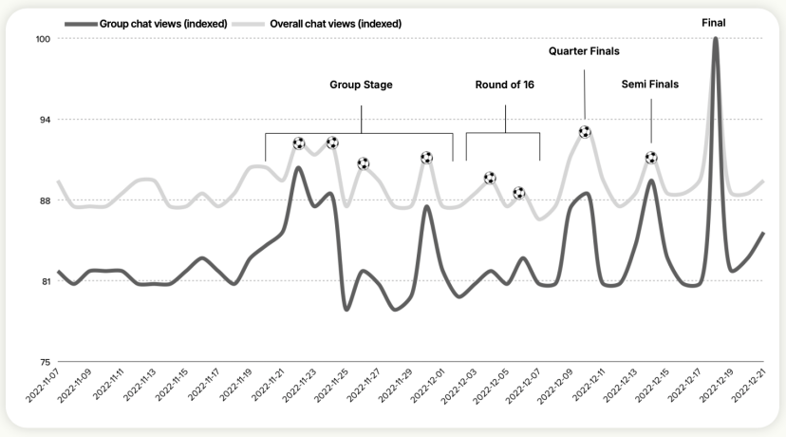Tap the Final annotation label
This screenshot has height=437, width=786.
[x=713, y=22]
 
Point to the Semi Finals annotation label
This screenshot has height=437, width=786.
[x=650, y=85]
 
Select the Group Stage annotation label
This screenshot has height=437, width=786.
[x=361, y=85]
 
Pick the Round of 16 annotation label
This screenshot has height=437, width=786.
[x=504, y=85]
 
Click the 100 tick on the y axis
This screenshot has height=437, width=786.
[x=42, y=39]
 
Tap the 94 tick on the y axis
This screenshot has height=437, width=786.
[x=44, y=120]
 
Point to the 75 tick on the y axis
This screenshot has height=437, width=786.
[x=44, y=362]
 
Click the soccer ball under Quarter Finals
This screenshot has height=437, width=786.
[x=585, y=132]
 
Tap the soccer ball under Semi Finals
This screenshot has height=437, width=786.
[x=651, y=158]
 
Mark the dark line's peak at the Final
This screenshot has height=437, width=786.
[x=715, y=40]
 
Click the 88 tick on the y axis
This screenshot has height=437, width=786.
[x=44, y=200]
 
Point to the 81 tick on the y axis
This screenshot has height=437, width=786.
[x=44, y=281]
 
